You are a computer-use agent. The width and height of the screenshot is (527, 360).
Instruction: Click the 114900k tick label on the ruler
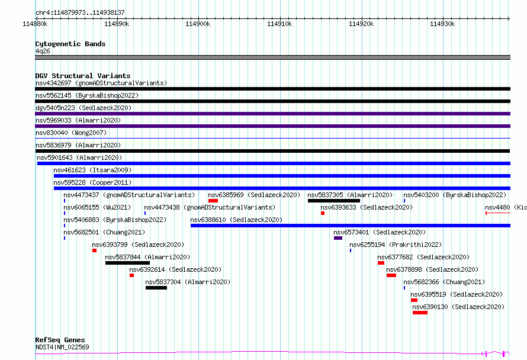pyautogui.click(x=198, y=24)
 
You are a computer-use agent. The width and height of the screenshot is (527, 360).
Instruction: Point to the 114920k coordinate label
pyautogui.click(x=361, y=24)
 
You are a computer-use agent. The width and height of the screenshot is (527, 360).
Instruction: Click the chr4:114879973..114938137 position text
pyautogui.click(x=80, y=12)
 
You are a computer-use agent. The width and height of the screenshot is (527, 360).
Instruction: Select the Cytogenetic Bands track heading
pyautogui.click(x=70, y=44)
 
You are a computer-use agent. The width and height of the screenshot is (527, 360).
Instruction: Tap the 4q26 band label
pyautogui.click(x=43, y=51)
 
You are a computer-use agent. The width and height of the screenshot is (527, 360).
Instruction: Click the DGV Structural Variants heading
pyautogui.click(x=83, y=76)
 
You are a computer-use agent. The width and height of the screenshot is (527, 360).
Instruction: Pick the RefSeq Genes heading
pyautogui.click(x=60, y=340)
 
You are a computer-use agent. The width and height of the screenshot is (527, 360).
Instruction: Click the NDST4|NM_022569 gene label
pyautogui.click(x=62, y=347)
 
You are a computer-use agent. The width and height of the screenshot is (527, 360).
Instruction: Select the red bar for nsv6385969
pyautogui.click(x=213, y=201)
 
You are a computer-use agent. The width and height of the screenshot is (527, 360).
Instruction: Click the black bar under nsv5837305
pyautogui.click(x=334, y=201)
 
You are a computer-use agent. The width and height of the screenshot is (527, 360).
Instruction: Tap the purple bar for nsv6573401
pyautogui.click(x=338, y=238)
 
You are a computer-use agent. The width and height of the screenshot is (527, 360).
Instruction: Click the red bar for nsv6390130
pyautogui.click(x=420, y=313)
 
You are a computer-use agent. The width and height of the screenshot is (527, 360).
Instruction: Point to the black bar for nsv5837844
pyautogui.click(x=127, y=263)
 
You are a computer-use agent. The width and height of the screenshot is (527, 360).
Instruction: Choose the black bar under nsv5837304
pyautogui.click(x=156, y=288)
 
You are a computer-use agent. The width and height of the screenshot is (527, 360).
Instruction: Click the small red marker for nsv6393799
pyautogui.click(x=94, y=250)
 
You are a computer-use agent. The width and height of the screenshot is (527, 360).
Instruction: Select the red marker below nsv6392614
pyautogui.click(x=131, y=275)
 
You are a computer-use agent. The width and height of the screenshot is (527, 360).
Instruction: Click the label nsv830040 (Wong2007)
pyautogui.click(x=71, y=133)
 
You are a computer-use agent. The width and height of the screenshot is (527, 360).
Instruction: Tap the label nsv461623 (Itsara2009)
pyautogui.click(x=92, y=170)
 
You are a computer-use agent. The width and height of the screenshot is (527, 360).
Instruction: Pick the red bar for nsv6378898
pyautogui.click(x=391, y=275)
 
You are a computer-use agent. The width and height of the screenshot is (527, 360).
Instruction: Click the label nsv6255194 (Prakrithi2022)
pyautogui.click(x=396, y=245)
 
